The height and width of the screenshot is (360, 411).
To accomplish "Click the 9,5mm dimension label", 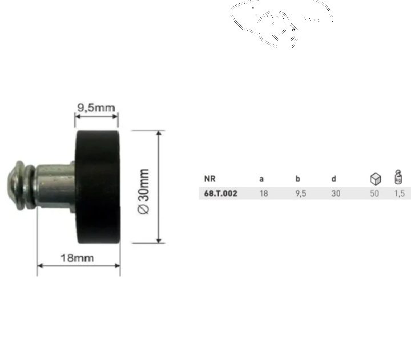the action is (96, 107).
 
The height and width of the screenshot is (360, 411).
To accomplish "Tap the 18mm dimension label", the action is (77, 258).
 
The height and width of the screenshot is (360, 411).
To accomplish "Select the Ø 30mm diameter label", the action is (144, 192).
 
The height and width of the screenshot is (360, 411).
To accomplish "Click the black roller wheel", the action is (98, 187).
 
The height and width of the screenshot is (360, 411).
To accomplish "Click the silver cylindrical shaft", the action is (55, 185).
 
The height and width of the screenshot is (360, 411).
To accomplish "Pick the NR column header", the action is (209, 179).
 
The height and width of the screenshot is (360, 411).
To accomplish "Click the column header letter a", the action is (261, 179).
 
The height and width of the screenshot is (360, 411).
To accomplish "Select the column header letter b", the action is (298, 179).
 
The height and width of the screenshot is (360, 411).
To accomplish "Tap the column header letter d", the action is (334, 179).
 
